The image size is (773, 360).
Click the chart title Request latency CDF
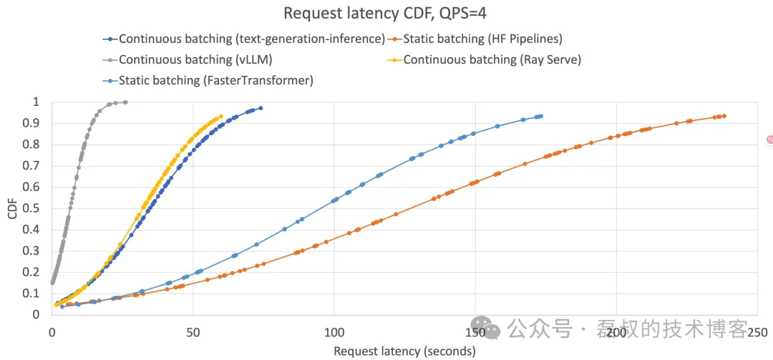[386, 13]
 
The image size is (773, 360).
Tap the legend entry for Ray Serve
[492, 59]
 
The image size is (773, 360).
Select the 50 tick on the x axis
[193, 332]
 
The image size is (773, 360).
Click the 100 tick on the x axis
[334, 332]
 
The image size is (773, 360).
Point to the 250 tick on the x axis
[757, 332]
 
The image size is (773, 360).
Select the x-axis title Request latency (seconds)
[404, 351]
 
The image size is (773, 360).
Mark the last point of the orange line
[724, 116]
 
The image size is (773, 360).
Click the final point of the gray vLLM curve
[125, 102]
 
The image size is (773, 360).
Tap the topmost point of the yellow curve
[220, 116]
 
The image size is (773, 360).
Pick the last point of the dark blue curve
[261, 108]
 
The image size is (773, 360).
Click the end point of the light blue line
[541, 116]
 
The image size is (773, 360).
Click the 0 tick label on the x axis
[52, 332]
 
